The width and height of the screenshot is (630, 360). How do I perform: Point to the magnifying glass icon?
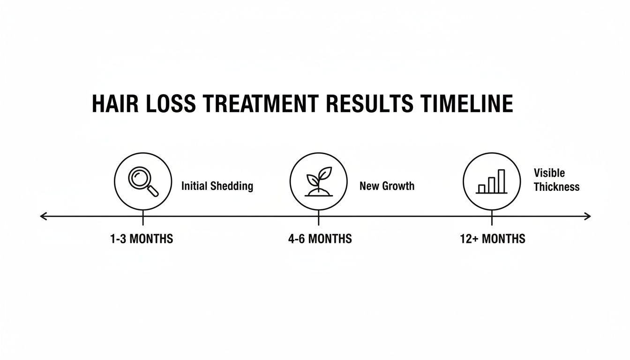(142, 181)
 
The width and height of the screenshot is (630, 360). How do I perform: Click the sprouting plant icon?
(318, 181)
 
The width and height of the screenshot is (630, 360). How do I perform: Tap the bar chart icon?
(492, 181)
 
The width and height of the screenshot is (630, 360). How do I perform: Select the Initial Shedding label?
(217, 186)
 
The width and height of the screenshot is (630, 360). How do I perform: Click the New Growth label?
(387, 186)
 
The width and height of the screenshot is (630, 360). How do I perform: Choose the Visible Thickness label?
(556, 180)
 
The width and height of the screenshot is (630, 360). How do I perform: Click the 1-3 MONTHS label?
(142, 239)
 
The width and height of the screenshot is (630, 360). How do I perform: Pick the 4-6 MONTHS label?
(320, 239)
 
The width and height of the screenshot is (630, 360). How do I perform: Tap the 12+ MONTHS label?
(493, 239)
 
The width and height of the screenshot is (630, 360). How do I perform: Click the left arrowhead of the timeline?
(43, 216)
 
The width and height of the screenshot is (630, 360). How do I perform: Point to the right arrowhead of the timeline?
(587, 216)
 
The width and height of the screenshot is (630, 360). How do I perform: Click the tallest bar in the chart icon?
(502, 181)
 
